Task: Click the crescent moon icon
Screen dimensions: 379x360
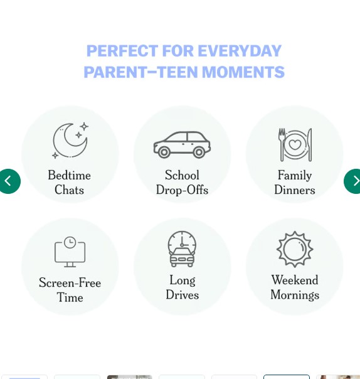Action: [68, 141]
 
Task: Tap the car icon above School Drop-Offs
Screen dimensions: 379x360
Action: [182, 144]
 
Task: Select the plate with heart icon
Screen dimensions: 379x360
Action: [295, 144]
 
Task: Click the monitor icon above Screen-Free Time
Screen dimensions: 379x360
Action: [70, 252]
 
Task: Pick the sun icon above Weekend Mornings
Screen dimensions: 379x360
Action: [295, 249]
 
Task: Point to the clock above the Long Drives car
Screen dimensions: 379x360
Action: [182, 240]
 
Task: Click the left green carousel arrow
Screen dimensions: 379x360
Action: [9, 181]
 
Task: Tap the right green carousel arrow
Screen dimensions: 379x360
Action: [354, 181]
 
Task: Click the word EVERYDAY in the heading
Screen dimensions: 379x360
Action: [240, 51]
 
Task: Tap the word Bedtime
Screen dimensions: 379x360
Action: [70, 175]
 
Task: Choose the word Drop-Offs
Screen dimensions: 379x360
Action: [182, 189]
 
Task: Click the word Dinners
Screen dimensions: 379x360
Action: [295, 189]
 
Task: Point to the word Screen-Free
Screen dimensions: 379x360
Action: [70, 282]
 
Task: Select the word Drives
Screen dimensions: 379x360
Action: [183, 295]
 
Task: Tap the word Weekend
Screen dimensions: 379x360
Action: [295, 280]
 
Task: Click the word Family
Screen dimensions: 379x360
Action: [295, 175]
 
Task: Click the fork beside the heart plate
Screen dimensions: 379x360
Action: [282, 144]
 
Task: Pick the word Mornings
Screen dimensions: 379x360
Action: [295, 295]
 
